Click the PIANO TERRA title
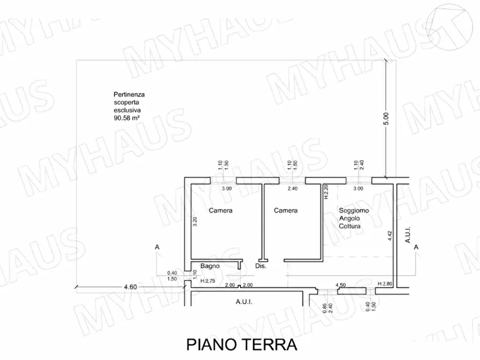(241, 344)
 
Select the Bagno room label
(209, 266)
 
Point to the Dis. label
(261, 266)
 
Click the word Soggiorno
(353, 211)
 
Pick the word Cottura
(349, 226)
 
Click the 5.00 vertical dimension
(385, 119)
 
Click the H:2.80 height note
(385, 284)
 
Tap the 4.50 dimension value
(340, 285)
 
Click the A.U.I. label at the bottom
(244, 302)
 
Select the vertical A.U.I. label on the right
(408, 234)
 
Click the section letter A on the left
(157, 247)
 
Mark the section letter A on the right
(417, 247)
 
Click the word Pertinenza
(125, 95)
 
